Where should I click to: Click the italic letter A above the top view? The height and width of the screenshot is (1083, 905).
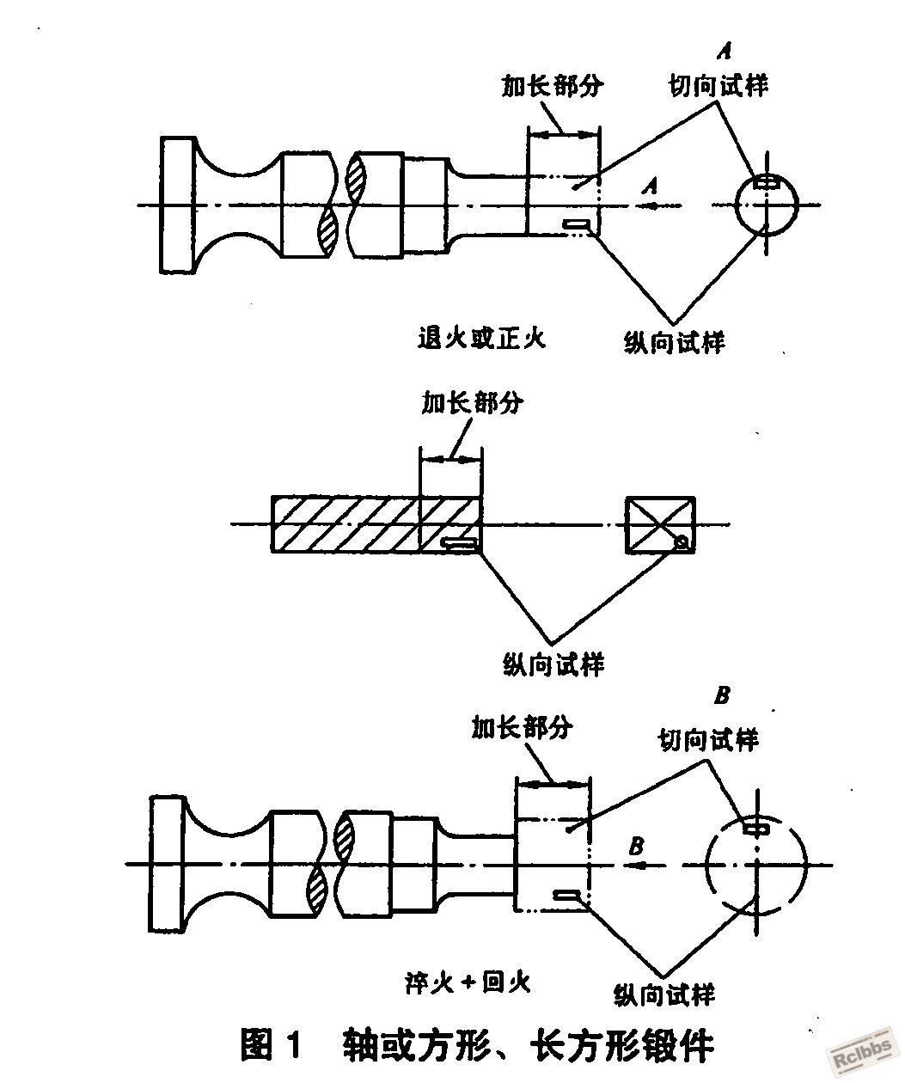point(725,51)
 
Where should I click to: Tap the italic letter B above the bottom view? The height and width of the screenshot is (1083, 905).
point(722,695)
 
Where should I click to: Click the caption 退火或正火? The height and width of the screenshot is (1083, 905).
point(482,338)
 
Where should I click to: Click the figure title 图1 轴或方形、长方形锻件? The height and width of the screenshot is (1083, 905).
point(478,1043)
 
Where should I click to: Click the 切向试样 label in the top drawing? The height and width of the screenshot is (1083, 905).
point(718,85)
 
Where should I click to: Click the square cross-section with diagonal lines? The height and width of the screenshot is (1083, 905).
point(660,525)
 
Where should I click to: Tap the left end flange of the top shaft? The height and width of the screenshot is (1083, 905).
point(178,205)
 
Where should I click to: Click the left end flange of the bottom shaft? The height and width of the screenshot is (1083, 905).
point(167,864)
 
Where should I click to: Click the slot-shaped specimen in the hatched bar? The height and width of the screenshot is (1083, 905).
point(459,543)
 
